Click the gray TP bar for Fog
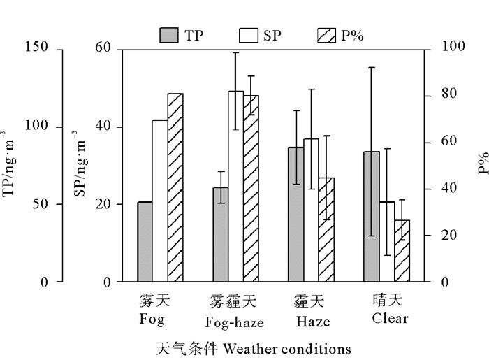[x=145, y=242]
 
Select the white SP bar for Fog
[x=160, y=201]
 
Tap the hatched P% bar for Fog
[x=175, y=187]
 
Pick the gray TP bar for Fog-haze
[x=221, y=234]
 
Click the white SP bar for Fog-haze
[x=235, y=187]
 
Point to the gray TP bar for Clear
[x=371, y=217]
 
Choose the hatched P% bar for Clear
[x=401, y=251]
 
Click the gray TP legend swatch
[x=169, y=36]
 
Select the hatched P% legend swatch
[x=328, y=36]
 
